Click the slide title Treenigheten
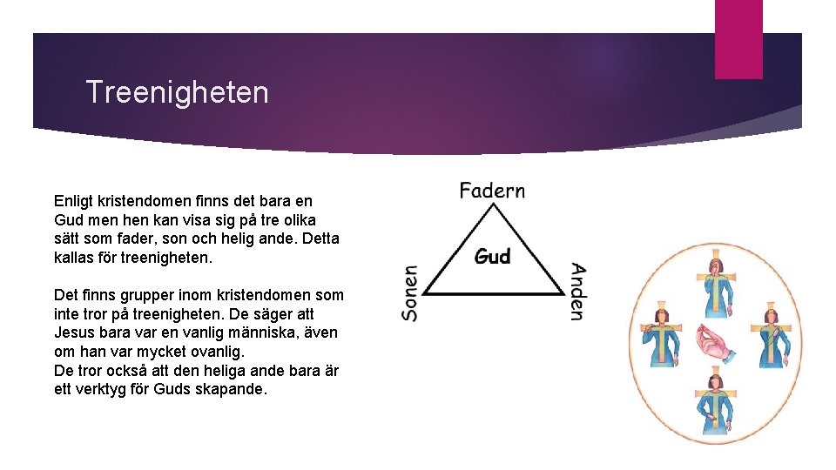(x=178, y=92)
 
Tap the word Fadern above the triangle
(x=492, y=190)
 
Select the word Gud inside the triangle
(x=493, y=257)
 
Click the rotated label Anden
(x=576, y=292)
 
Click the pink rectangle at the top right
(x=738, y=39)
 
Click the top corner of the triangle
(x=493, y=206)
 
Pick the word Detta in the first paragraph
(x=321, y=238)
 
